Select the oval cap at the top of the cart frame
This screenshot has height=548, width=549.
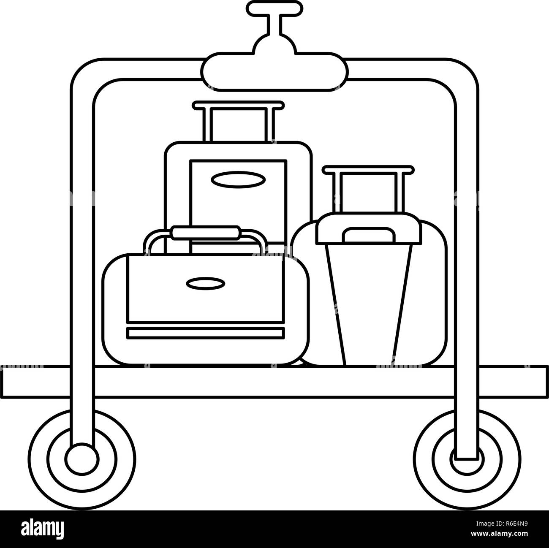click(274, 72)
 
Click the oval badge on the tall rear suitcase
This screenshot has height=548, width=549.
click(238, 179)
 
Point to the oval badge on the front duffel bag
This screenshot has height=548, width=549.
click(205, 283)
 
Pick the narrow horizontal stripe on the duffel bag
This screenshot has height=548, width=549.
click(205, 333)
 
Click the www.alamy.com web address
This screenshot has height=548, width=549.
click(500, 534)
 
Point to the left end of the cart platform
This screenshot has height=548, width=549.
click(2, 381)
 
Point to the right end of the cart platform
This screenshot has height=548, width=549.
click(546, 381)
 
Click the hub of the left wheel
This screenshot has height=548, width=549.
click(82, 461)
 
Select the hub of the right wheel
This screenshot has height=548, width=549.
click(467, 461)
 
